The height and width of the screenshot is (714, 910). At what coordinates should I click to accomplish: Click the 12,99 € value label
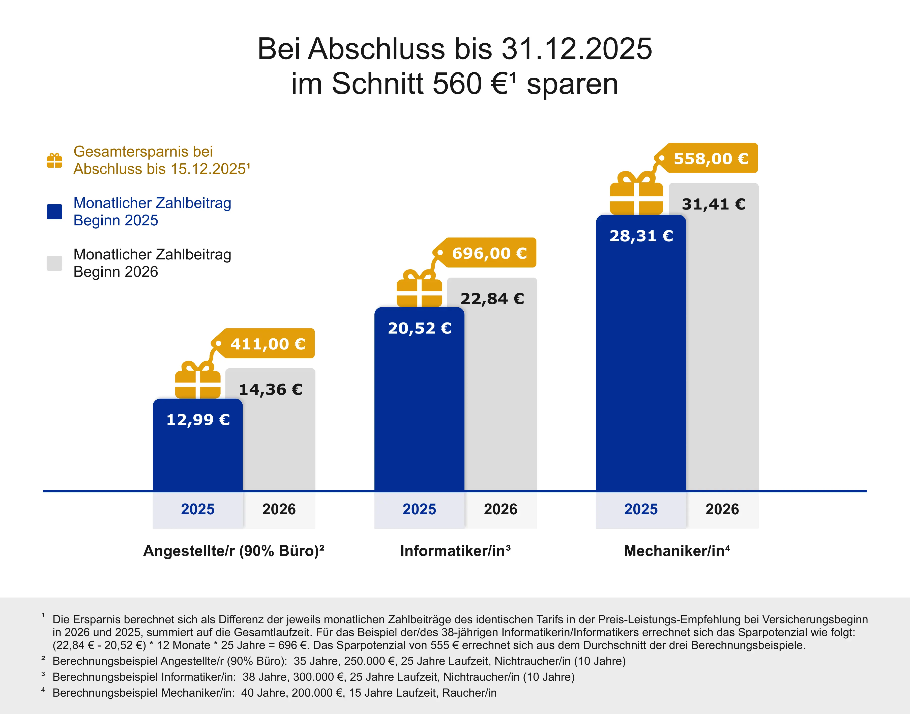(198, 419)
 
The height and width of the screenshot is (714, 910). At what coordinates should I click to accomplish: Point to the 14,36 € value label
(271, 389)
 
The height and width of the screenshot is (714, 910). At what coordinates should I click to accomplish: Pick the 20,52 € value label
(420, 328)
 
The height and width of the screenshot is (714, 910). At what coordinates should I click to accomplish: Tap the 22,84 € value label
(492, 299)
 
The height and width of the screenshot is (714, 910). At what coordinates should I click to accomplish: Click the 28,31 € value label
(641, 236)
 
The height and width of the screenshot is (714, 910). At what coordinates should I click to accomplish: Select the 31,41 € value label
(714, 204)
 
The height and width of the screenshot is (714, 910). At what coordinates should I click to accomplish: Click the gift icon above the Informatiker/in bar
(419, 289)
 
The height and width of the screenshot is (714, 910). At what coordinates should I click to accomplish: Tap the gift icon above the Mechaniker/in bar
(636, 194)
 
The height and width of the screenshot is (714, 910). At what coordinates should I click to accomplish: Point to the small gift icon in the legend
(54, 161)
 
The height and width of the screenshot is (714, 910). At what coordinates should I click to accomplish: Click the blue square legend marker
(54, 212)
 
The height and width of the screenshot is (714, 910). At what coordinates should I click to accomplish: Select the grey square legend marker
(54, 263)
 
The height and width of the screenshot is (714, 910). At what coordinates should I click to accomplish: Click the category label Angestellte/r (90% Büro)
(234, 551)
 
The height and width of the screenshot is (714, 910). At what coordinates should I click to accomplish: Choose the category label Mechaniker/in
(677, 551)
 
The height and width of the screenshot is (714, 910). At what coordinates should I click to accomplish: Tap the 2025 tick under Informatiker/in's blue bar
(419, 509)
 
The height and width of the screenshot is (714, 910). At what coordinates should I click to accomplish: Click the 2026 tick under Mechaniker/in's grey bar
(722, 509)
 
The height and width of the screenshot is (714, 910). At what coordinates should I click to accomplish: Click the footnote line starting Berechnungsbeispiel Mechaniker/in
(274, 693)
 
